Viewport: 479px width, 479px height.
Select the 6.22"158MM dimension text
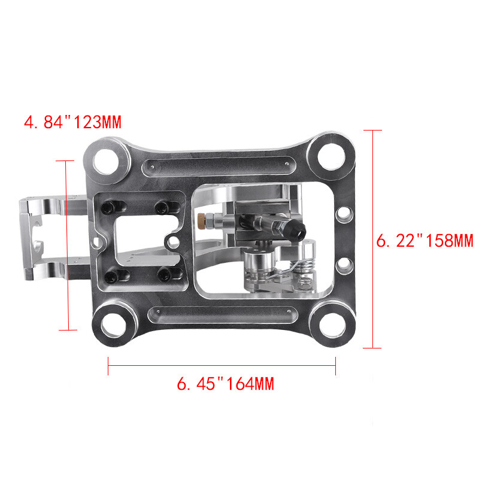point(425,241)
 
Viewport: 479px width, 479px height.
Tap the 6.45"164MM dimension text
point(225,383)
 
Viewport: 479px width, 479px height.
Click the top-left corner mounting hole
point(108,160)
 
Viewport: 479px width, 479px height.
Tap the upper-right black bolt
point(160,207)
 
